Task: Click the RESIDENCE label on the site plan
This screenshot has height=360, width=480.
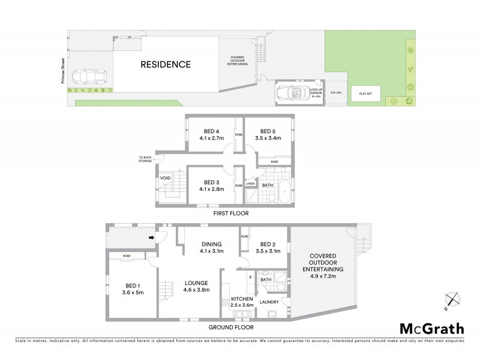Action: [166, 64]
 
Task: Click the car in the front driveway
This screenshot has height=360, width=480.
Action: [88, 77]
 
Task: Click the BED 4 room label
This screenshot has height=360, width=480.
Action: [210, 131]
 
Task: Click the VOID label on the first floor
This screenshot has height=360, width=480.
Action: [166, 178]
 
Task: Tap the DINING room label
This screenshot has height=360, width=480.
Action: [212, 244]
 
